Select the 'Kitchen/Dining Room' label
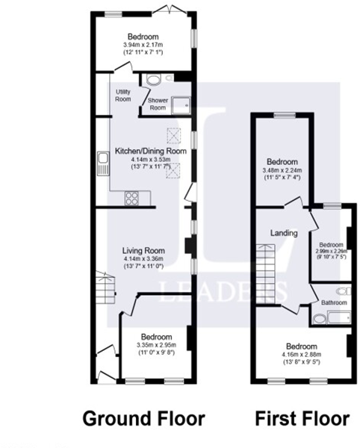pos(150,152)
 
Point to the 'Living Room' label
pos(144,251)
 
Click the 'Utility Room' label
pos(123,95)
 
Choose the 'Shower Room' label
pos(157,104)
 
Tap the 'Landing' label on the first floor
pos(285,233)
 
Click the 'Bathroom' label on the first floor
pos(334,302)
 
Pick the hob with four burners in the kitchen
pos(132,198)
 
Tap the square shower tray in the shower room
pos(181,104)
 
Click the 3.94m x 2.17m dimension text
pos(142,45)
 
